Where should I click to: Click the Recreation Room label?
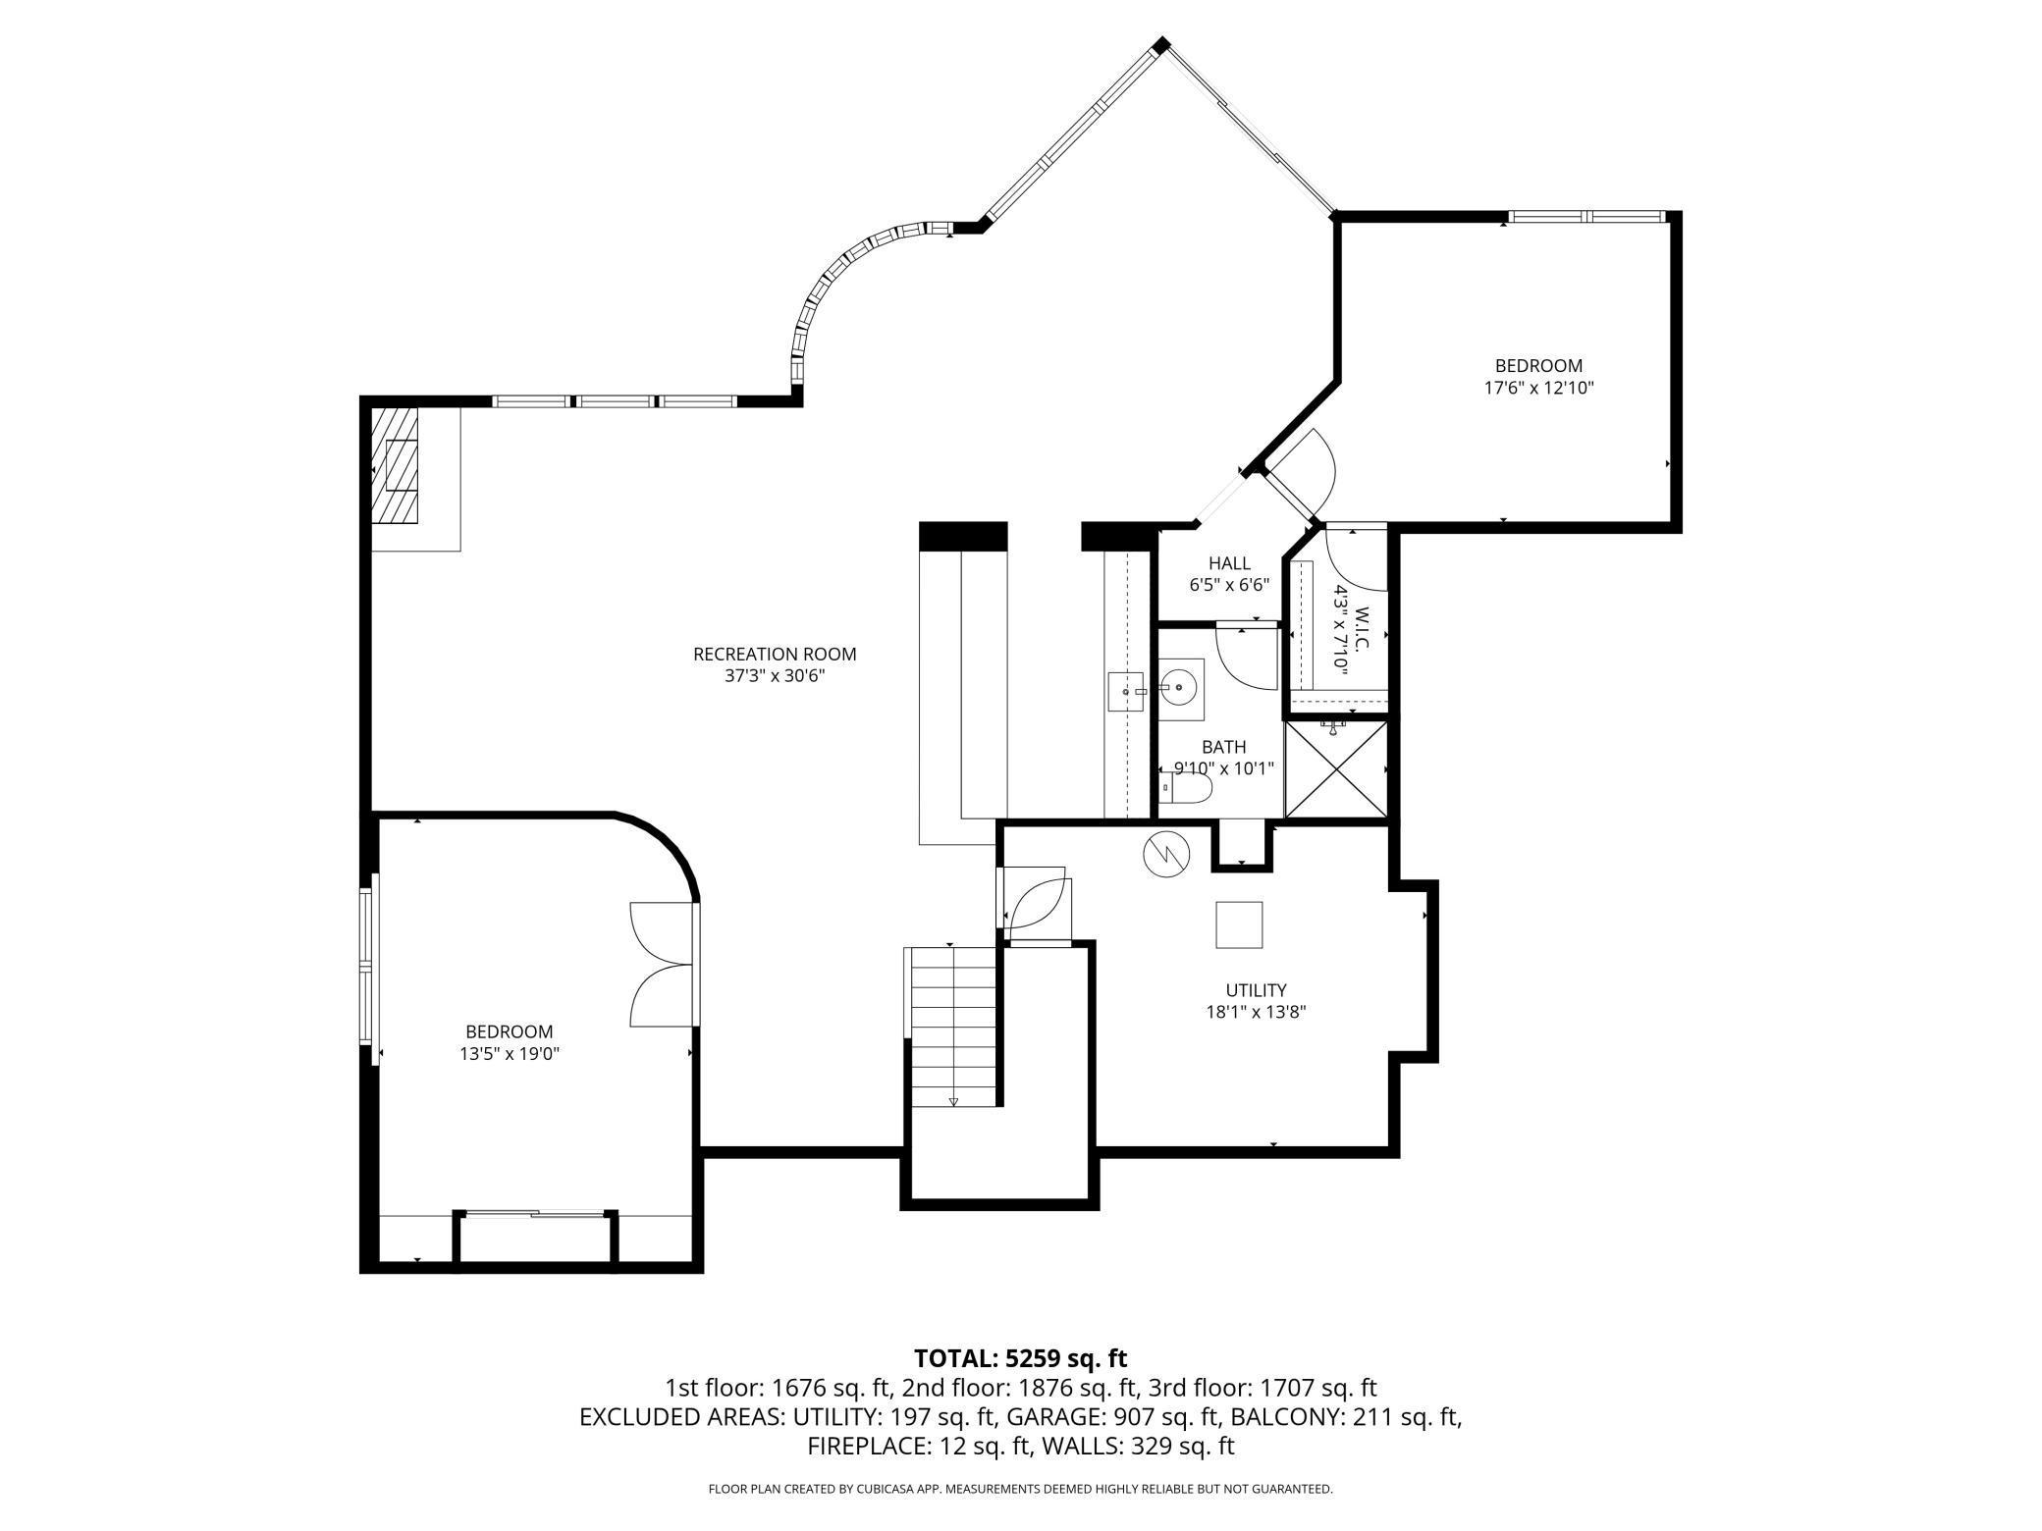pyautogui.click(x=775, y=654)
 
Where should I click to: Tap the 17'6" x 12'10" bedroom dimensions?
pyautogui.click(x=1537, y=388)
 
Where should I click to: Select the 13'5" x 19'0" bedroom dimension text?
pyautogui.click(x=509, y=1054)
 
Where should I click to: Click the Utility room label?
pyautogui.click(x=1256, y=990)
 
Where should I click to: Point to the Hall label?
pyautogui.click(x=1229, y=563)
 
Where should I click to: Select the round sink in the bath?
pyautogui.click(x=1179, y=684)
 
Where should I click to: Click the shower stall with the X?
pyautogui.click(x=1335, y=768)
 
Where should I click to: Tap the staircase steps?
pyautogui.click(x=950, y=1026)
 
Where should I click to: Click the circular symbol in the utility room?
pyautogui.click(x=1165, y=855)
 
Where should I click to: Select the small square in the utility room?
pyautogui.click(x=1239, y=924)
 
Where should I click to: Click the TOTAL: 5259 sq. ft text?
pyautogui.click(x=1020, y=1358)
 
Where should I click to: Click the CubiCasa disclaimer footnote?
pyautogui.click(x=1020, y=1489)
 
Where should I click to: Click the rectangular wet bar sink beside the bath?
pyautogui.click(x=1126, y=691)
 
